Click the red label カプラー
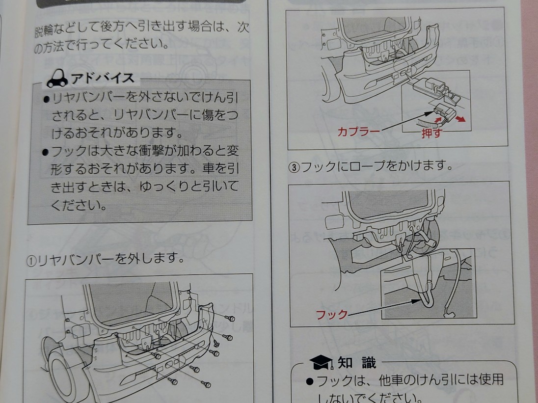358,132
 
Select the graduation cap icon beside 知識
321,364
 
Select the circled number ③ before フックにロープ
293,166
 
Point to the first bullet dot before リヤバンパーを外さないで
45,98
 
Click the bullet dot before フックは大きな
45,151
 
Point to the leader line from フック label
383,309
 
